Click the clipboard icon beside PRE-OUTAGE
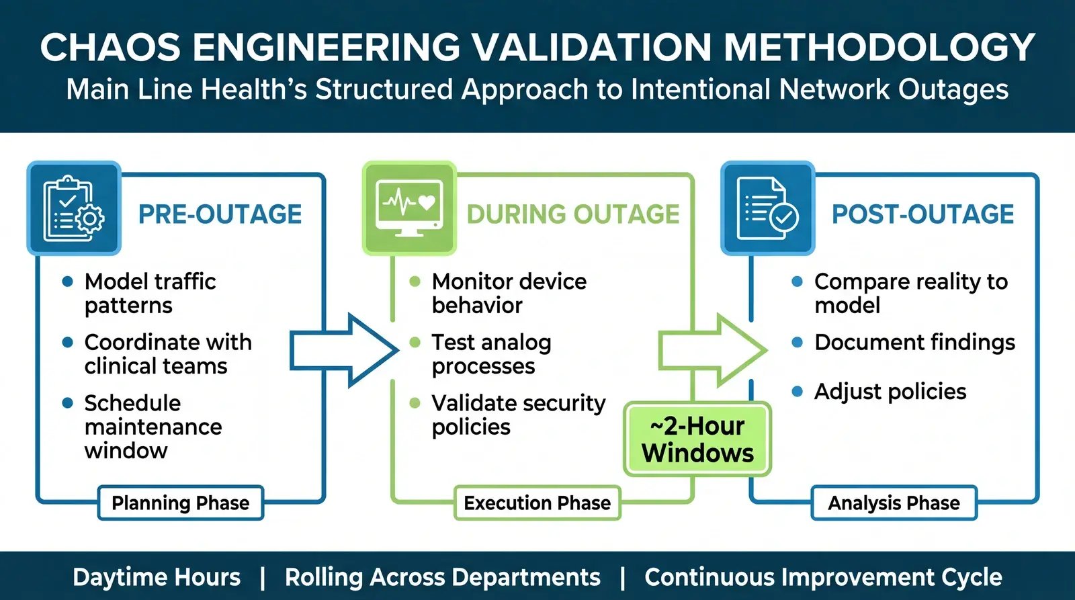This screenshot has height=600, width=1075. click(x=74, y=209)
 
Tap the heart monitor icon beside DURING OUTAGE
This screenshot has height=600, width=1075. click(x=409, y=209)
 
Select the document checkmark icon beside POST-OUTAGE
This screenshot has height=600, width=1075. click(x=767, y=209)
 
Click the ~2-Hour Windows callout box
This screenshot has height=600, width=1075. click(x=697, y=439)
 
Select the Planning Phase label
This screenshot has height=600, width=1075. click(x=180, y=503)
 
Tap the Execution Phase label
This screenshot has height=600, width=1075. click(x=537, y=503)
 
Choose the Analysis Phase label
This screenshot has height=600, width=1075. click(x=894, y=503)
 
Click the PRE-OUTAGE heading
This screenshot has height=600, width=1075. click(x=220, y=214)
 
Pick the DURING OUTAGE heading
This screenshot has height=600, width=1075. click(x=573, y=214)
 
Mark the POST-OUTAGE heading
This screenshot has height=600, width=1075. click(x=922, y=214)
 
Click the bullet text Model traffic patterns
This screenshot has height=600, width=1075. click(x=150, y=293)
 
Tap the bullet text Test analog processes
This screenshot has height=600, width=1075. click(x=491, y=353)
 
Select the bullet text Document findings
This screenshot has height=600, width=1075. click(x=914, y=342)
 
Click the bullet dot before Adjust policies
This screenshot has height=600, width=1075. click(x=798, y=392)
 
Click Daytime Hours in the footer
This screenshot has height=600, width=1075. click(x=157, y=577)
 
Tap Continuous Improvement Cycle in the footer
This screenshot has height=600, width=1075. click(x=823, y=577)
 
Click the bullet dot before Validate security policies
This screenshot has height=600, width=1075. click(x=415, y=403)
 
